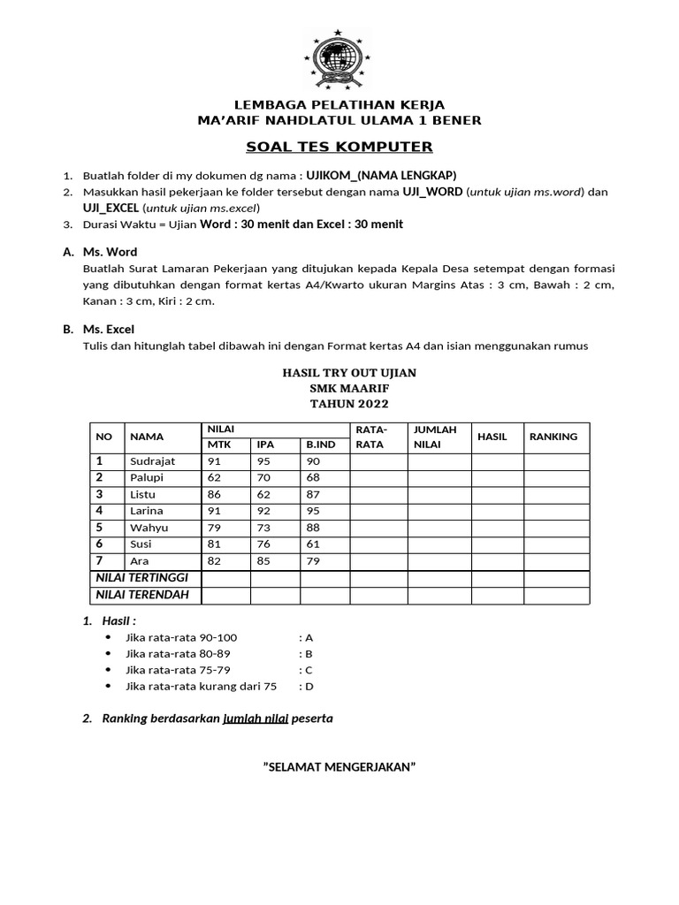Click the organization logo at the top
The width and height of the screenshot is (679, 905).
[x=339, y=61]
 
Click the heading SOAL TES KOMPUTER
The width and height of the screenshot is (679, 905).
[x=339, y=147]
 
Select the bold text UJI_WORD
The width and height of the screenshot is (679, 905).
[x=432, y=192]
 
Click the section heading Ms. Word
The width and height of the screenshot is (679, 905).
[x=110, y=252]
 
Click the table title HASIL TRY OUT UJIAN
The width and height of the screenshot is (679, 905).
[x=348, y=373]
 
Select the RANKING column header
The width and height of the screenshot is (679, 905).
[x=553, y=437]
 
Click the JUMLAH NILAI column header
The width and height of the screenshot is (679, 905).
[x=435, y=437]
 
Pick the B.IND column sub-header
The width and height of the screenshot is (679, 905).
[x=321, y=445]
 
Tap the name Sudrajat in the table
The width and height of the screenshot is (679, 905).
[x=153, y=461]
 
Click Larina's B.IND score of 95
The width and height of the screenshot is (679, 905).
[x=313, y=511]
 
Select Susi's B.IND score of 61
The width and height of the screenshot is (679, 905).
[x=313, y=544]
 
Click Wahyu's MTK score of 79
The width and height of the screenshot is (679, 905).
[x=214, y=528]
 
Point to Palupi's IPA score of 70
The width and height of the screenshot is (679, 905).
[x=263, y=478]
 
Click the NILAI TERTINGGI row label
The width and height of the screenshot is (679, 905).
[x=143, y=578]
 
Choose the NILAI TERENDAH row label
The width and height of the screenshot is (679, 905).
[x=143, y=595]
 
